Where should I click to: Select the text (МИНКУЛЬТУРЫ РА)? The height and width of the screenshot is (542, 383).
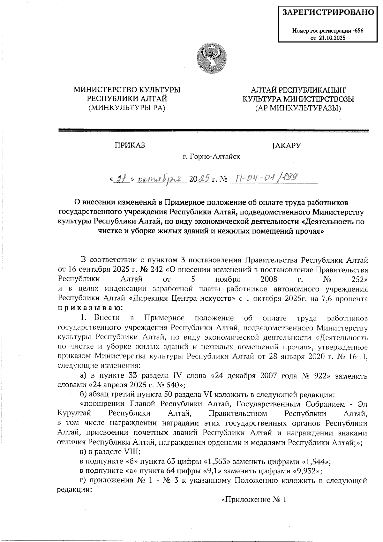[127, 108]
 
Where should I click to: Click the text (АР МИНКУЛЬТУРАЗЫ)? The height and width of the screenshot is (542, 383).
[298, 108]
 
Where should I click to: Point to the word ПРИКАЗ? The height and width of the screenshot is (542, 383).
[130, 146]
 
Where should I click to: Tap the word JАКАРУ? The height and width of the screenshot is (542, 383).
[286, 146]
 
